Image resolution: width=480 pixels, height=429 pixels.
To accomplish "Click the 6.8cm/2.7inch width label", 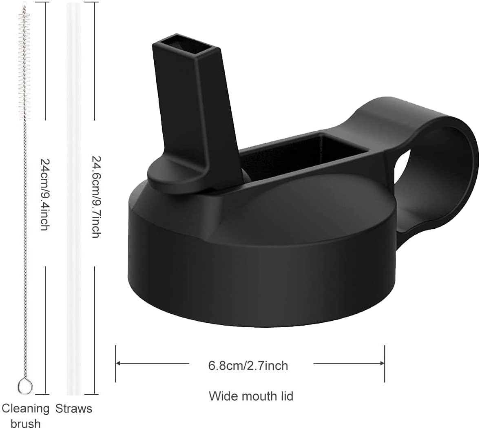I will click(248, 365).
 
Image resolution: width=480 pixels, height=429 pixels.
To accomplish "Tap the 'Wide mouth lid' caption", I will click(251, 396).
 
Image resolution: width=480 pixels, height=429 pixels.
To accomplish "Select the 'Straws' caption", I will click(74, 409).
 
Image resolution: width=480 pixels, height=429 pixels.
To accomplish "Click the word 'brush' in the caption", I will click(25, 423).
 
